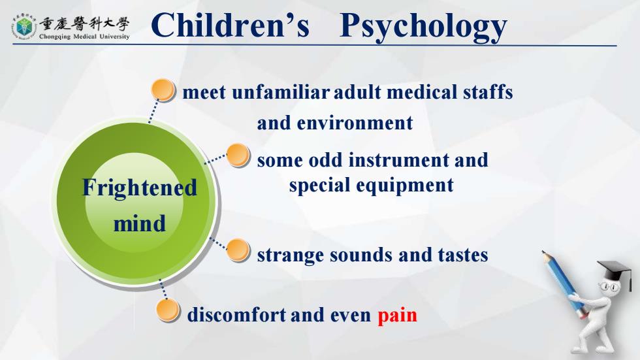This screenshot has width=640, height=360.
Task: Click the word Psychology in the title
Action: (423, 27)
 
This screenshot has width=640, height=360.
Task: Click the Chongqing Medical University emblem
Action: (24, 27)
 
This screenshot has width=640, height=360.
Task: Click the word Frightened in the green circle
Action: (140, 188)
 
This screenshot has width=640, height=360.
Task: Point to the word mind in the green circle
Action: (140, 223)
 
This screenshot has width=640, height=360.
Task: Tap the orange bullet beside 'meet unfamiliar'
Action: (163, 90)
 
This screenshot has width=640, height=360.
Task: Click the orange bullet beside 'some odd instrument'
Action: (238, 155)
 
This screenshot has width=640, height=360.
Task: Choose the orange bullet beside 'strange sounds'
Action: (238, 250)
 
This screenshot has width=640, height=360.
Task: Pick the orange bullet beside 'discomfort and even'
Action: (168, 310)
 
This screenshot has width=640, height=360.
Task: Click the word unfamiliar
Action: (280, 92)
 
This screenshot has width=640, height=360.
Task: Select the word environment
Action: (355, 123)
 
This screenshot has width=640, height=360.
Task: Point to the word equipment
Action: (405, 186)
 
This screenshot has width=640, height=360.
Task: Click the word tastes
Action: (463, 255)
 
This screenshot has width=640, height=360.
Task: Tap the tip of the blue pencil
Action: (543, 252)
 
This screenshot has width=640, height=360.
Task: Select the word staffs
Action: (488, 92)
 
